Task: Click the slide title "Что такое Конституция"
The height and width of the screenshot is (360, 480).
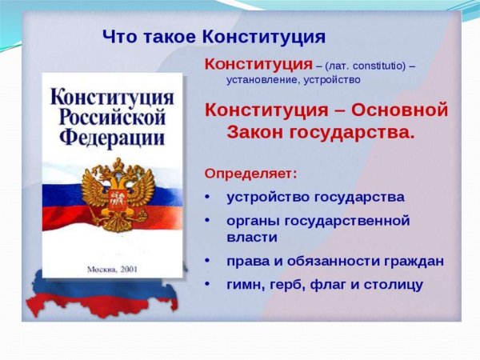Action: [x=214, y=37]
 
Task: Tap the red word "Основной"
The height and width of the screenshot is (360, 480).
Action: [x=398, y=110]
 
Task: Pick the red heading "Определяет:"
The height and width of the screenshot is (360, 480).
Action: [x=250, y=173]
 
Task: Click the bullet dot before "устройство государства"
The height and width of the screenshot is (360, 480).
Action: [x=209, y=197]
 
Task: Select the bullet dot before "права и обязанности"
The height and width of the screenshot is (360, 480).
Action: [x=209, y=261]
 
